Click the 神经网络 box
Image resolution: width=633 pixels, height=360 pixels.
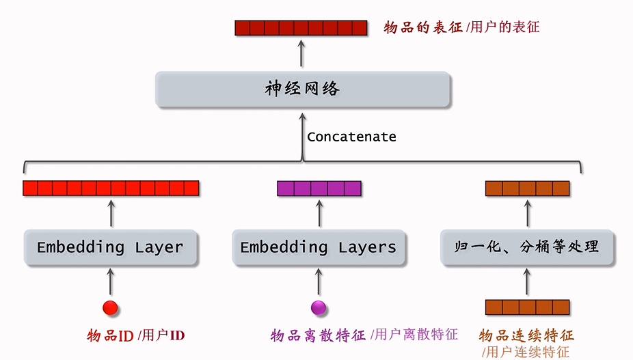pos(303,89)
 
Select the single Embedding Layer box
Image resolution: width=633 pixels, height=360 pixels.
pos(111,247)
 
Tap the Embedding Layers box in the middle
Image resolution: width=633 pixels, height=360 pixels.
pos(319,247)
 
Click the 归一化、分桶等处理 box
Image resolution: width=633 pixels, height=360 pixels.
pos(526,247)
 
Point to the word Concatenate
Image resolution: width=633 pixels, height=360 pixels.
pos(351,137)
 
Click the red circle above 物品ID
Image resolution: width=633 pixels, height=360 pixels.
pos(111,308)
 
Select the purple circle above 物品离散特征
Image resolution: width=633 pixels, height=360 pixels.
pos(319,308)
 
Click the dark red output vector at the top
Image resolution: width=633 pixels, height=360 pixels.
pos(303,28)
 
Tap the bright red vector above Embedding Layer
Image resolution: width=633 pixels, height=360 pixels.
pos(111,189)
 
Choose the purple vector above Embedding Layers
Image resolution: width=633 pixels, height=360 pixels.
pos(319,189)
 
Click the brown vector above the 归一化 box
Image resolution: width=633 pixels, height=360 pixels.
pos(527,189)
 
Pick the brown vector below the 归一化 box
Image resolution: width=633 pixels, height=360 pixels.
pos(527,307)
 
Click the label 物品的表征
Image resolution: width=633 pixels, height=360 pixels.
pos(423,28)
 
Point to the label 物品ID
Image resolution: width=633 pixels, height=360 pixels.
pos(110,335)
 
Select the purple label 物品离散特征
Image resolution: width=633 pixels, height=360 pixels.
pos(318,335)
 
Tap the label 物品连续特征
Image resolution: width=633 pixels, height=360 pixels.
pos(526,335)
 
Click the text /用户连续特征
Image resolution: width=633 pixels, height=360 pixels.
pos(526,352)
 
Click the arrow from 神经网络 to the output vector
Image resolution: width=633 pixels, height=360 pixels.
pos(302,54)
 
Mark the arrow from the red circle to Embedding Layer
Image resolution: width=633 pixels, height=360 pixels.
pos(111,281)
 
